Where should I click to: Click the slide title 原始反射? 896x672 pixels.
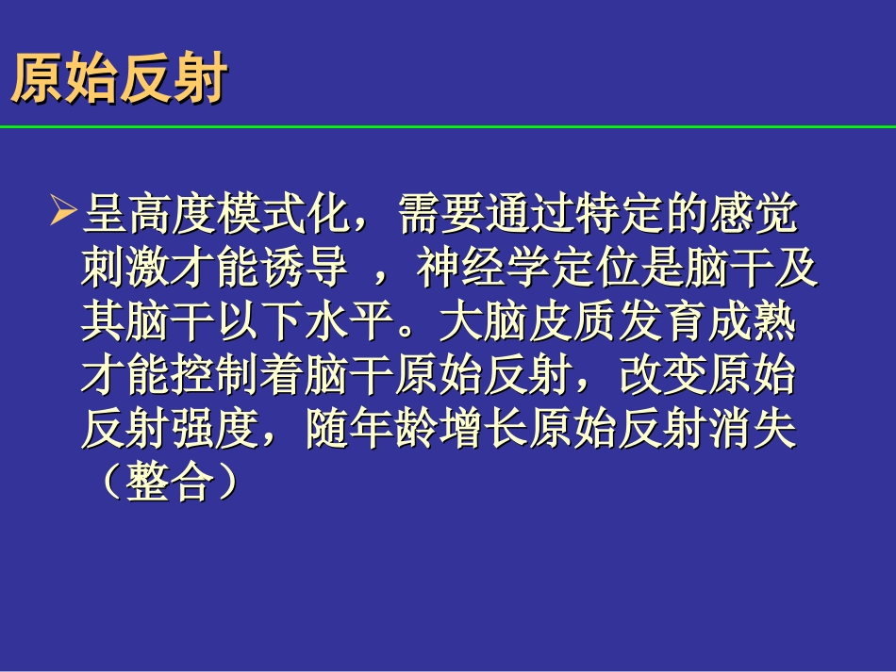pos(119,81)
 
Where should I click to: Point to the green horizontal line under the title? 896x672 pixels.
pos(448,126)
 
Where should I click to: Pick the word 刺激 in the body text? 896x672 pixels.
pos(126,270)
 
